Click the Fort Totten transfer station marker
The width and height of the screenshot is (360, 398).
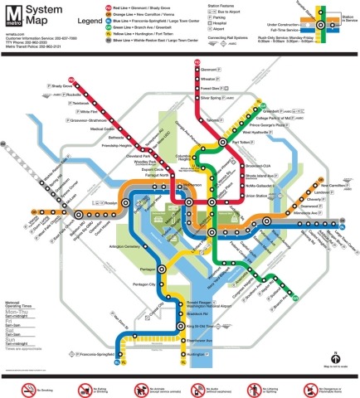(x=224, y=143)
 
